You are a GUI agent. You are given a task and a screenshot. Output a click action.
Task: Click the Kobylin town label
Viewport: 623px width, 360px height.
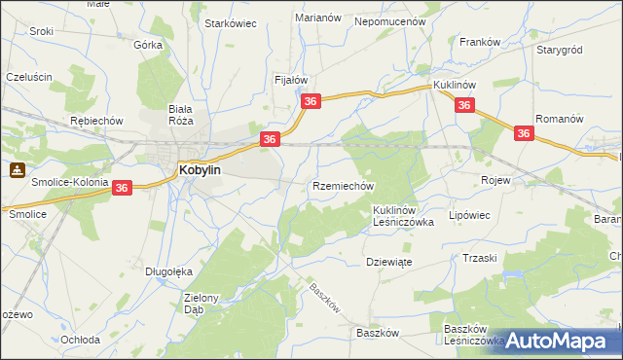(x=201, y=169)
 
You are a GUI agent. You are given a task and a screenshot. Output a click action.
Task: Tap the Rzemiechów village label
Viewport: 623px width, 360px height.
(x=343, y=185)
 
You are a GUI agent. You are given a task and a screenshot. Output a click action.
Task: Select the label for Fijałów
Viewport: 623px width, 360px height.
(x=291, y=80)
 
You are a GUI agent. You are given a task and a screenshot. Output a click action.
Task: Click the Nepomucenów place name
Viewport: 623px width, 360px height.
(x=391, y=20)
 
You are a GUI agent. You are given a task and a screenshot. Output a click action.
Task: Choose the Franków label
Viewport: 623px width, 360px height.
(x=480, y=42)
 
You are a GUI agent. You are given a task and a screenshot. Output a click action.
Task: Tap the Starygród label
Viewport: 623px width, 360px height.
(x=559, y=48)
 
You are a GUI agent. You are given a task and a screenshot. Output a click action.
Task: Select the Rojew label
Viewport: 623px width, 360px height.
(x=496, y=180)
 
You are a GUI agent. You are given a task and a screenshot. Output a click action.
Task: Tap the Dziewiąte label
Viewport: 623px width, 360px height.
(x=391, y=262)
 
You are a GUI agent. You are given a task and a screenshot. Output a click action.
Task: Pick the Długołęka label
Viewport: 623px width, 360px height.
(x=165, y=271)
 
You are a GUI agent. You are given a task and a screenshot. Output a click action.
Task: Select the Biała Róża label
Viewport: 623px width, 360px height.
(x=181, y=115)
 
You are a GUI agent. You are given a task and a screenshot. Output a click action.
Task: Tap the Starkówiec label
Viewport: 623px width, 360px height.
(x=230, y=23)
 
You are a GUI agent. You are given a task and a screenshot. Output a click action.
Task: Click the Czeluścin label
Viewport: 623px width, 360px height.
(x=28, y=76)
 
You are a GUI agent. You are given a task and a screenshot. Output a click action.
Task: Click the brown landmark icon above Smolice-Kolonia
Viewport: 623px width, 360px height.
(x=18, y=169)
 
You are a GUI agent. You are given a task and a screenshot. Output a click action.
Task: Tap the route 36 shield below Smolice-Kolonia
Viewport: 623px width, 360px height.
(x=122, y=187)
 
